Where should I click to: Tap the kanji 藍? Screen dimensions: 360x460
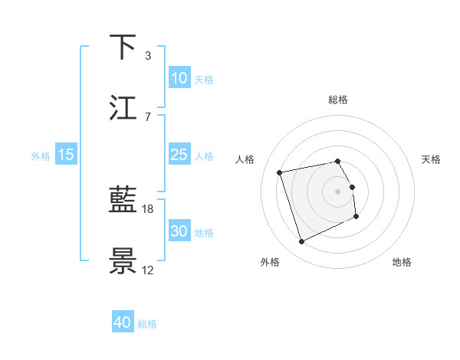(123, 201)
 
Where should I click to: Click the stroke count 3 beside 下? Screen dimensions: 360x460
(147, 55)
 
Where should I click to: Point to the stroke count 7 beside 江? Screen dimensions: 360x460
(147, 116)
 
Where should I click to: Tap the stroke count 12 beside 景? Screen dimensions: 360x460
(148, 270)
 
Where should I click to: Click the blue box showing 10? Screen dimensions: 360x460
(179, 78)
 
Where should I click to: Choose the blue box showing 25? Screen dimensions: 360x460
(179, 155)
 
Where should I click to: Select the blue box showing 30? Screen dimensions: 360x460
(179, 231)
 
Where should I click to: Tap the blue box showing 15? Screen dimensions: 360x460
(66, 155)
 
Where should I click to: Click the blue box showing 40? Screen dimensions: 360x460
(123, 323)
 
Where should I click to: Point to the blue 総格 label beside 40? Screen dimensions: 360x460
(147, 324)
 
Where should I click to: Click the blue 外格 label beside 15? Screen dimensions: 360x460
(41, 155)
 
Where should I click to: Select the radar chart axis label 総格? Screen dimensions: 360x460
(338, 100)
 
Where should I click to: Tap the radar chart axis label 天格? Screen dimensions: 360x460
(432, 159)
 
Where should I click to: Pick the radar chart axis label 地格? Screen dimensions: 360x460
(402, 262)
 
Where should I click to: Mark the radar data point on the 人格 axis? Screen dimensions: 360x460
(280, 172)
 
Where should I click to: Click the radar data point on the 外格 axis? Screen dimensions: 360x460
(301, 242)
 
